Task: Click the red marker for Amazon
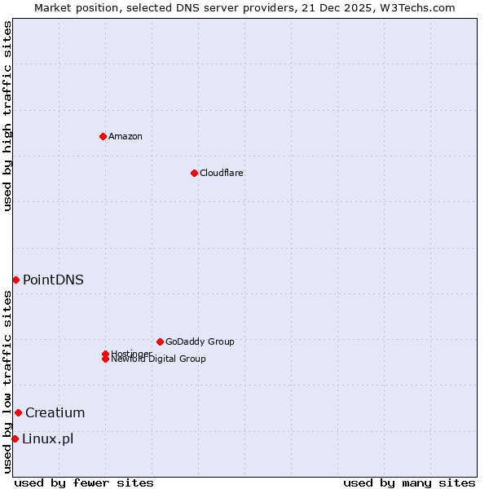[x=103, y=136]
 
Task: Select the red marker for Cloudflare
[x=194, y=173]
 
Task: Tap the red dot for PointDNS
[x=15, y=280]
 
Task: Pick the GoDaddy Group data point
[x=160, y=341]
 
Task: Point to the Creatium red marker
[x=18, y=412]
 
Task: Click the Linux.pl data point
[x=15, y=439]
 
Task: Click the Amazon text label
[x=126, y=136]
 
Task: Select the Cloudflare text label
[x=221, y=173]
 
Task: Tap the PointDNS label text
[x=53, y=280]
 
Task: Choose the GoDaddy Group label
[x=200, y=341]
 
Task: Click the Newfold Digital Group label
[x=159, y=359]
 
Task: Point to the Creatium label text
[x=55, y=412]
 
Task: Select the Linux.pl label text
[x=47, y=439]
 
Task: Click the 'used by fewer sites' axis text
[x=84, y=482]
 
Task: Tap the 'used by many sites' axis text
[x=409, y=482]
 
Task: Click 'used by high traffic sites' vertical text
[x=7, y=116]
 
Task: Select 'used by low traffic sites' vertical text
[x=7, y=381]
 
